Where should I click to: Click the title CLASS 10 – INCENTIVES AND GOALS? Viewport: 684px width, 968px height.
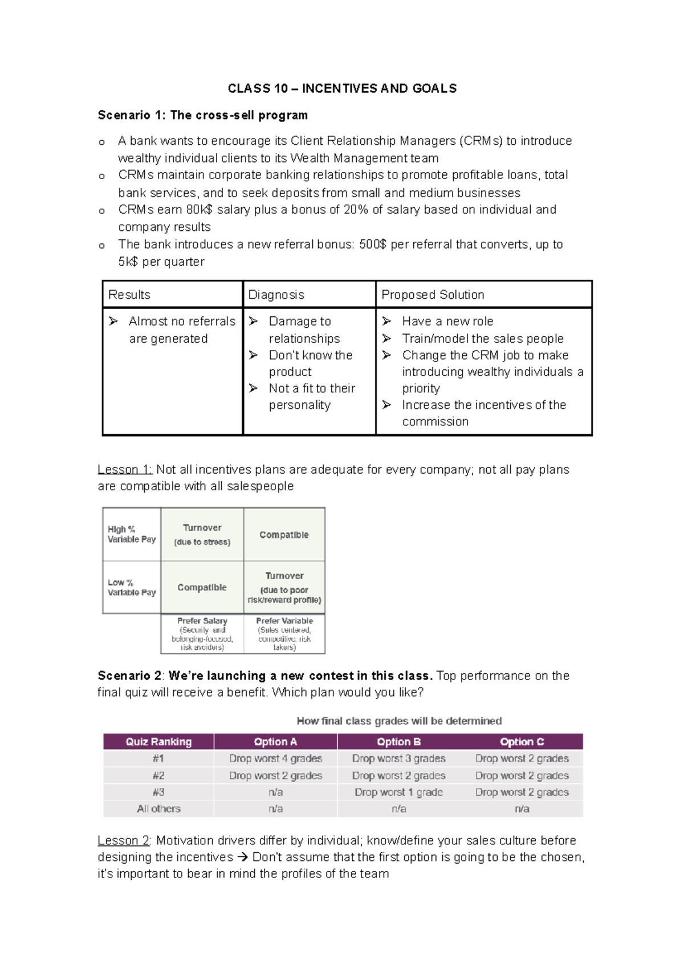click(x=342, y=88)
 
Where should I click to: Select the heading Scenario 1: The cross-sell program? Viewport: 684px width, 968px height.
click(x=202, y=115)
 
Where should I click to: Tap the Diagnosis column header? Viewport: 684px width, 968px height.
click(x=276, y=295)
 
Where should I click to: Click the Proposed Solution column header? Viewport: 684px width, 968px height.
click(x=433, y=295)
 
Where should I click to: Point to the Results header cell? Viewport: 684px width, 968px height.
click(x=129, y=295)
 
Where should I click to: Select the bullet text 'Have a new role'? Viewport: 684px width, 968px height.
click(x=447, y=322)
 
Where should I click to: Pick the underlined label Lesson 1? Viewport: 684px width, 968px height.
click(x=124, y=470)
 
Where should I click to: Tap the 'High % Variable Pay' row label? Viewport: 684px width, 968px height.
click(x=132, y=534)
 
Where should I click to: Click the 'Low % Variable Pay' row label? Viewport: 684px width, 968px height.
click(x=132, y=588)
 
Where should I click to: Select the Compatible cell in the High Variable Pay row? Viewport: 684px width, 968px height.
click(x=284, y=535)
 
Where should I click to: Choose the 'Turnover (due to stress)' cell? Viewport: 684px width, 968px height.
click(x=202, y=535)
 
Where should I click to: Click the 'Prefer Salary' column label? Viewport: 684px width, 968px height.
click(x=202, y=621)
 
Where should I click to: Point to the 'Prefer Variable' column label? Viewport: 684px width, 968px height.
click(x=284, y=621)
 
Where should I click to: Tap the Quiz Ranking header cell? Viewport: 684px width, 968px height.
click(x=158, y=742)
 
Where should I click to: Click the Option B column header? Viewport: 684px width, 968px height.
click(x=398, y=742)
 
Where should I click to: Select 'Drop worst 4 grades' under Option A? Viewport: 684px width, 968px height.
click(x=275, y=759)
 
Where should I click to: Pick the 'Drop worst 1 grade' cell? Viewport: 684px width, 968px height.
click(x=398, y=792)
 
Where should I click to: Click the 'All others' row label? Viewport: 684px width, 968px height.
click(x=158, y=809)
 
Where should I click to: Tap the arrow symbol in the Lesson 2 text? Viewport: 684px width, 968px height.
click(x=242, y=857)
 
